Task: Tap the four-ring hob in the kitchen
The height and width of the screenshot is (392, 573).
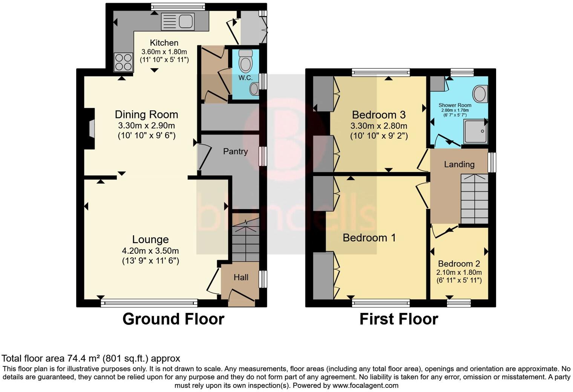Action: pos(124,62)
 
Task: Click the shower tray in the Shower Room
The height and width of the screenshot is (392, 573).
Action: pos(475,132)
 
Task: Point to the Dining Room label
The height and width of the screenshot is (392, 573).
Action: pos(146,115)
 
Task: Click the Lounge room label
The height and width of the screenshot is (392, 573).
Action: pos(150,239)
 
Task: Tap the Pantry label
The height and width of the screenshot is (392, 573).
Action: pos(235,152)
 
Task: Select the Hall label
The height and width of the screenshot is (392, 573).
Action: pos(241,277)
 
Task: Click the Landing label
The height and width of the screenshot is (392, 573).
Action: pos(459,164)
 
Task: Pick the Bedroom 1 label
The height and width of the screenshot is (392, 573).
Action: pos(369,238)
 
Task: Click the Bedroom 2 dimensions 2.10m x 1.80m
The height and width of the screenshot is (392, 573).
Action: pos(459,273)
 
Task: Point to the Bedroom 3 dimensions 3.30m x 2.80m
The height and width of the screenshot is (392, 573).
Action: pos(378,126)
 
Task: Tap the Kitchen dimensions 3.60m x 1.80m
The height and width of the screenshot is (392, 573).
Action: pos(164,52)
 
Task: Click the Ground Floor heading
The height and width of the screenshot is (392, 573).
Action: pos(173,319)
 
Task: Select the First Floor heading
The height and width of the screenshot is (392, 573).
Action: pos(398,319)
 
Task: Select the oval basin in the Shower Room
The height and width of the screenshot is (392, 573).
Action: pos(480,93)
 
